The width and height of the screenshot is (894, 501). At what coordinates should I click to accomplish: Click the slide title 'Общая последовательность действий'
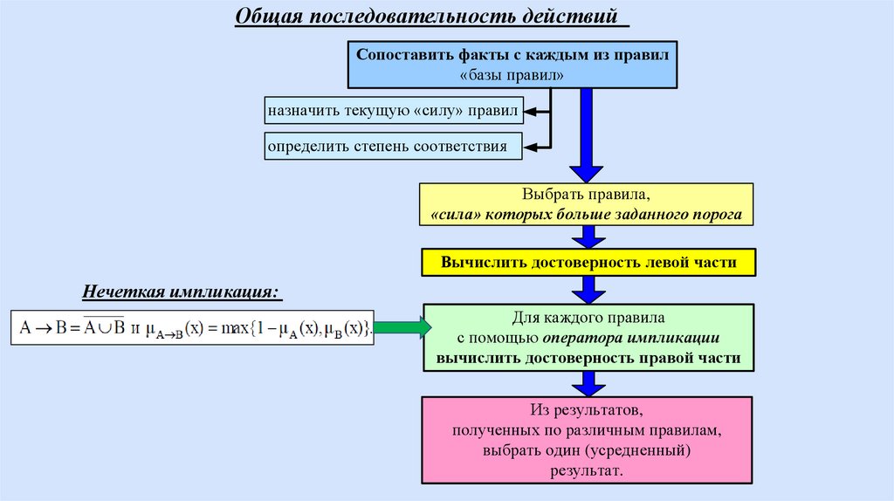[x=430, y=17]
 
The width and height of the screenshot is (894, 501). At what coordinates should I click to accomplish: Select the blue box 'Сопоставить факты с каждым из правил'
[x=512, y=65]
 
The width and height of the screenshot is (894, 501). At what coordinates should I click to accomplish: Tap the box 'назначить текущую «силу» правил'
[x=393, y=112]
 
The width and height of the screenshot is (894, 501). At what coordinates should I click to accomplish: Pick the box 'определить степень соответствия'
[x=393, y=146]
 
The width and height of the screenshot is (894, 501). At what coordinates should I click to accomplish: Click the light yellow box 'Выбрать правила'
[x=587, y=204]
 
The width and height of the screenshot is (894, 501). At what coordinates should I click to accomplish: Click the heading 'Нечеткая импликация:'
[x=182, y=292]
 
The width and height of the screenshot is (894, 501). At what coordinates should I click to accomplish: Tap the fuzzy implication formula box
[x=193, y=328]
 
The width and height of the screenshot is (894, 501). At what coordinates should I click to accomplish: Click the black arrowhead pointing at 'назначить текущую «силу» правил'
[x=530, y=112]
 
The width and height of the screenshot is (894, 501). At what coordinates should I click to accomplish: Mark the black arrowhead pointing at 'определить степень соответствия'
[x=530, y=146]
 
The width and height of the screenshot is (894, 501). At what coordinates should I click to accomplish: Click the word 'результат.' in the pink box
[x=586, y=470]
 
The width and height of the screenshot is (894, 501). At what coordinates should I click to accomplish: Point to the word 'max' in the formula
[x=236, y=329]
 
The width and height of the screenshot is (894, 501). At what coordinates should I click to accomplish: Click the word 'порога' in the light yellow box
[x=720, y=214]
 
